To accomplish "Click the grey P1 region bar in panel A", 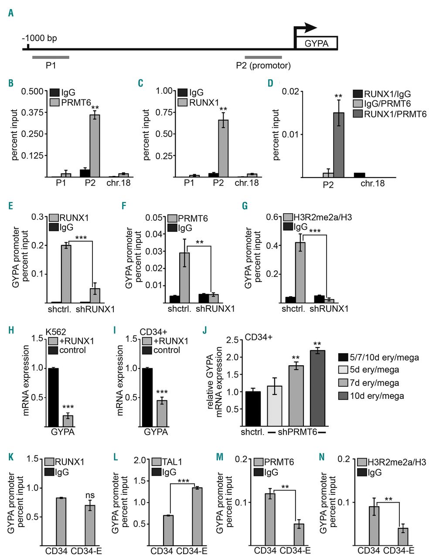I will coord(50,57).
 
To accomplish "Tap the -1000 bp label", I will coord(40,38).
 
